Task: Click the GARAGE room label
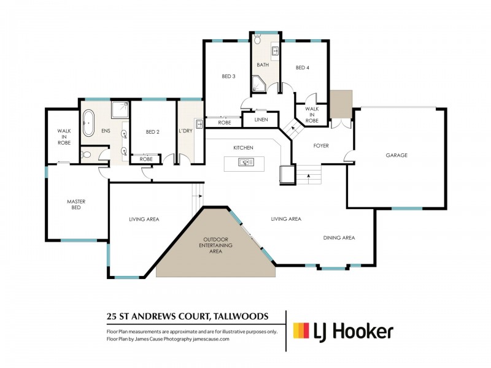[396, 155]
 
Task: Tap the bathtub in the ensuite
[88, 123]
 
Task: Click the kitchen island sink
[245, 163]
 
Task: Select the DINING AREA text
[339, 238]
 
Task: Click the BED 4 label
[302, 67]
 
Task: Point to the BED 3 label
[228, 76]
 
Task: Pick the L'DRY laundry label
[186, 132]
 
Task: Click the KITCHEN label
[243, 148]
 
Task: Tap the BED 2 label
[153, 132]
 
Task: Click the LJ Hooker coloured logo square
[301, 331]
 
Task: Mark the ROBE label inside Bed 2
[145, 159]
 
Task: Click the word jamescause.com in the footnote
[208, 339]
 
